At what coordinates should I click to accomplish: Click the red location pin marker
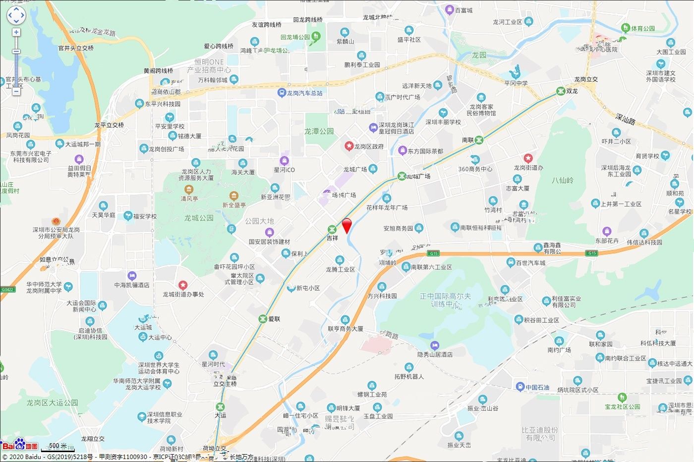tap(347, 225)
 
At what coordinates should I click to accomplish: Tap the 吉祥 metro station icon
tap(332, 229)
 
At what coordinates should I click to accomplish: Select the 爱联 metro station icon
tap(263, 318)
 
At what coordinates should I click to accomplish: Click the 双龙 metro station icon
tap(560, 91)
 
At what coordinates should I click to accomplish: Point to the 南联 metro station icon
tap(479, 140)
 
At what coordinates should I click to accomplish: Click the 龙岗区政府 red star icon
tap(349, 146)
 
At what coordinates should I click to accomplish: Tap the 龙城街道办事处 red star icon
tap(183, 285)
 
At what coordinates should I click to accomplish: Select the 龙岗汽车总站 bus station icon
tap(282, 93)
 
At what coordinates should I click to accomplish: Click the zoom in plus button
tap(16, 33)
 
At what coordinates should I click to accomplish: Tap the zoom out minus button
tap(16, 91)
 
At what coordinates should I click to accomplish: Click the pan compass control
tap(16, 15)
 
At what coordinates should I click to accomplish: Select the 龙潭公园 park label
tap(319, 131)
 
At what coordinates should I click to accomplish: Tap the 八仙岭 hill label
tap(562, 180)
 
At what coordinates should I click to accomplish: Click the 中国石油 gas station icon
tap(520, 387)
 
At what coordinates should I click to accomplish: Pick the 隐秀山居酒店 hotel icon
tap(435, 346)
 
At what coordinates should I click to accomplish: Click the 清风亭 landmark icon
tap(189, 190)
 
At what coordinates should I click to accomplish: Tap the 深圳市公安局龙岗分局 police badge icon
tap(56, 221)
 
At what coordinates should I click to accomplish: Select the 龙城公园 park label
tap(199, 218)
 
